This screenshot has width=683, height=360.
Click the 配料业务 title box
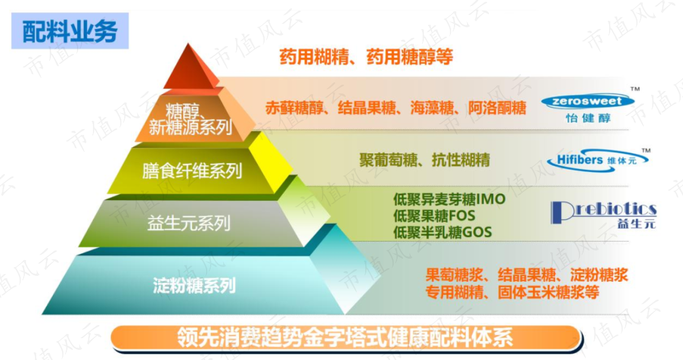(70, 30)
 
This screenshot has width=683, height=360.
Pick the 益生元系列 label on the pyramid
(188, 223)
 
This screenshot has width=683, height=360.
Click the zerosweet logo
(587, 101)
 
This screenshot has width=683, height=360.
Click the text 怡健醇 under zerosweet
(588, 117)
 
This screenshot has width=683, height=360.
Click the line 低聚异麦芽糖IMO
(449, 199)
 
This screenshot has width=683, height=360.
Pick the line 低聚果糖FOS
(434, 215)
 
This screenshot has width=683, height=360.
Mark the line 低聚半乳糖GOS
(442, 232)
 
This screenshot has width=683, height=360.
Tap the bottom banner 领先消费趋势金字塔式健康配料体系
(345, 338)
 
